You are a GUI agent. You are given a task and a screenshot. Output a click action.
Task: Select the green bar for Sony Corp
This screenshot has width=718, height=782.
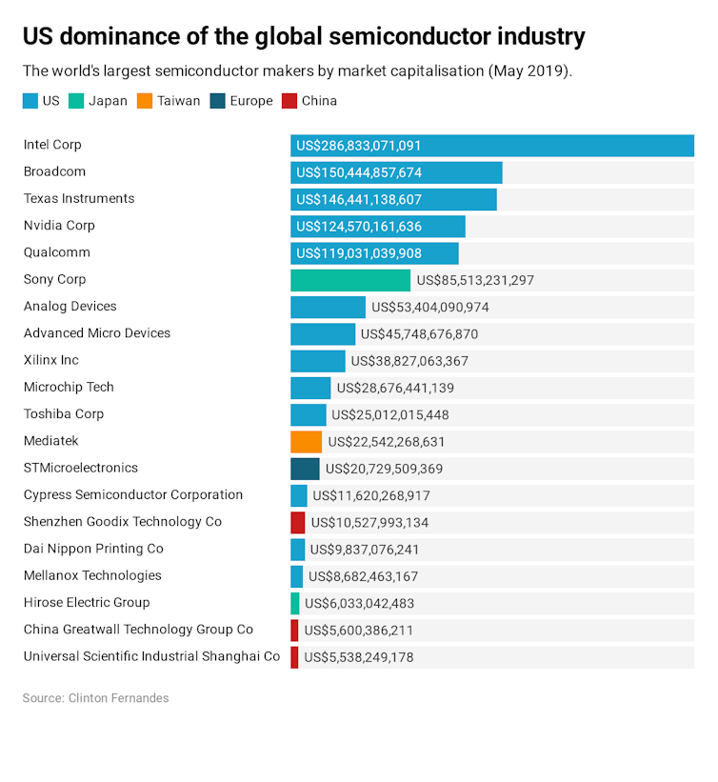[x=350, y=280]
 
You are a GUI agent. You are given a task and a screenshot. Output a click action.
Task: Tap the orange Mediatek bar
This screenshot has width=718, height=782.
[x=307, y=442]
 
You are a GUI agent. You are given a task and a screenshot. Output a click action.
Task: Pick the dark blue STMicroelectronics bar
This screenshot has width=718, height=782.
[x=305, y=469]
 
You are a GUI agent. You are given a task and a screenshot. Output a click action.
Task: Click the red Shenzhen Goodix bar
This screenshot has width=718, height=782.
[x=298, y=522]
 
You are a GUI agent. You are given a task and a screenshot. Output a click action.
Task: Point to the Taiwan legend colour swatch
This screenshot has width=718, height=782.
[x=145, y=101]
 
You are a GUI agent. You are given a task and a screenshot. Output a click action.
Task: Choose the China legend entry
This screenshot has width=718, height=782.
[x=310, y=101]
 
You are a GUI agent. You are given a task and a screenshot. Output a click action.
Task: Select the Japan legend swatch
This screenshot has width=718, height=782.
[x=77, y=101]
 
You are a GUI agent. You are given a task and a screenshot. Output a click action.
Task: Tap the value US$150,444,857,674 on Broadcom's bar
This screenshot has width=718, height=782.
[x=359, y=173]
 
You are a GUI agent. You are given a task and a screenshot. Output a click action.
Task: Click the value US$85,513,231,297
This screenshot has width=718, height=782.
[x=475, y=281]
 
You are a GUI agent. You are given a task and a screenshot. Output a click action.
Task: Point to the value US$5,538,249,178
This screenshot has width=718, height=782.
[x=359, y=657]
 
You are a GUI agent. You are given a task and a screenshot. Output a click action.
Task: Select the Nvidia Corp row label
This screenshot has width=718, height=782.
[x=59, y=226]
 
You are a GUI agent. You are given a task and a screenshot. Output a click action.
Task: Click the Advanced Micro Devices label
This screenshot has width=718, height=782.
[x=97, y=333]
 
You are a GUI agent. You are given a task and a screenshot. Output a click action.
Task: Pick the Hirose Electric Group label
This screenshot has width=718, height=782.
[x=87, y=603]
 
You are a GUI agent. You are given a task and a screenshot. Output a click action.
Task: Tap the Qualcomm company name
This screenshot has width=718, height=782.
[x=57, y=252]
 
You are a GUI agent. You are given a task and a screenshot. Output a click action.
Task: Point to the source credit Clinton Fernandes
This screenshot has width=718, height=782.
[x=118, y=698]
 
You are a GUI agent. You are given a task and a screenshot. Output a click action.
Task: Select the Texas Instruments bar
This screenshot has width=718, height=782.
[x=393, y=200]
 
